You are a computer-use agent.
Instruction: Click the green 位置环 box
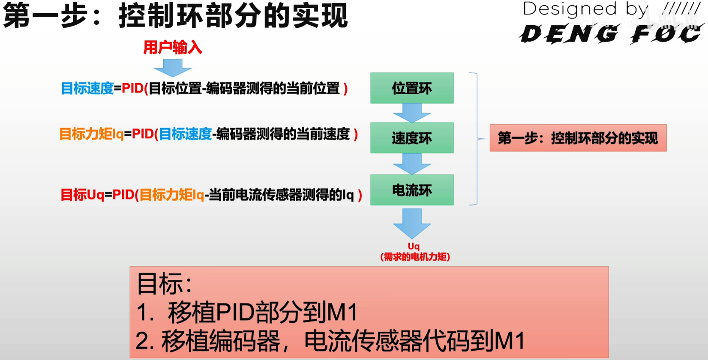[x=411, y=88]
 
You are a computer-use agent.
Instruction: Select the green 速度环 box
[x=411, y=138]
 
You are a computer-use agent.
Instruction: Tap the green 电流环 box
[x=411, y=189]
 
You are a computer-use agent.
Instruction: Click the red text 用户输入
[x=172, y=47]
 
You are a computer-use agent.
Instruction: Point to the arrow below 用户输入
[x=172, y=68]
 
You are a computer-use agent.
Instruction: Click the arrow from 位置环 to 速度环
[x=411, y=113]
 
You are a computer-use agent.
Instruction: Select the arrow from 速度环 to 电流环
[x=411, y=163]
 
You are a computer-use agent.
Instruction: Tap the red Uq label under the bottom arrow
[x=414, y=246]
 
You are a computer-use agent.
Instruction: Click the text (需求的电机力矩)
[x=415, y=257]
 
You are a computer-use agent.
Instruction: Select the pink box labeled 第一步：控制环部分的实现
[x=578, y=138]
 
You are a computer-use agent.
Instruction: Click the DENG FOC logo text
[x=610, y=34]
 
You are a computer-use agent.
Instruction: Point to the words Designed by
[x=585, y=9]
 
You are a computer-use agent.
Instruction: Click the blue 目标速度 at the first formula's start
[x=87, y=88]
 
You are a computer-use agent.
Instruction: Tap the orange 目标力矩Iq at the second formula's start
[x=91, y=134]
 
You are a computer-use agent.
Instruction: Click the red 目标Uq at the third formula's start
[x=82, y=195]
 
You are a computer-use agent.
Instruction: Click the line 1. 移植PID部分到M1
[x=247, y=312]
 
